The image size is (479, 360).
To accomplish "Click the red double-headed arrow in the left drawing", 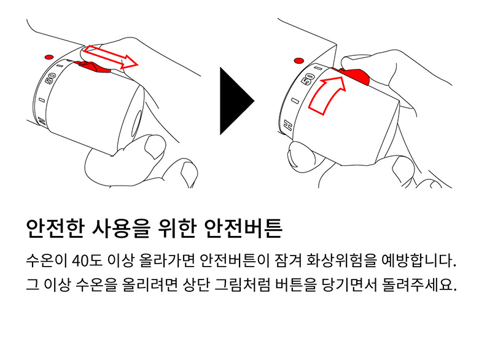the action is tap(111, 57).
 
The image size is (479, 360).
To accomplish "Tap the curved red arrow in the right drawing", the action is tap(325, 95).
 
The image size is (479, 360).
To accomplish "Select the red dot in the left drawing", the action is tap(49, 57).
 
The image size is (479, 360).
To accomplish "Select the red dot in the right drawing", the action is tap(299, 60).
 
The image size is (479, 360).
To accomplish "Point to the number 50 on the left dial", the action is tap(50, 79).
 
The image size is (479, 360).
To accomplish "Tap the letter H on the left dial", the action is tap(41, 121).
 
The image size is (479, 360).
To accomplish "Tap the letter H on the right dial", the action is tap(288, 125).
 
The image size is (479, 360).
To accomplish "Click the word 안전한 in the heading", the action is tap(55, 229).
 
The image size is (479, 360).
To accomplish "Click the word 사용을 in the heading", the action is tap(120, 229).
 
